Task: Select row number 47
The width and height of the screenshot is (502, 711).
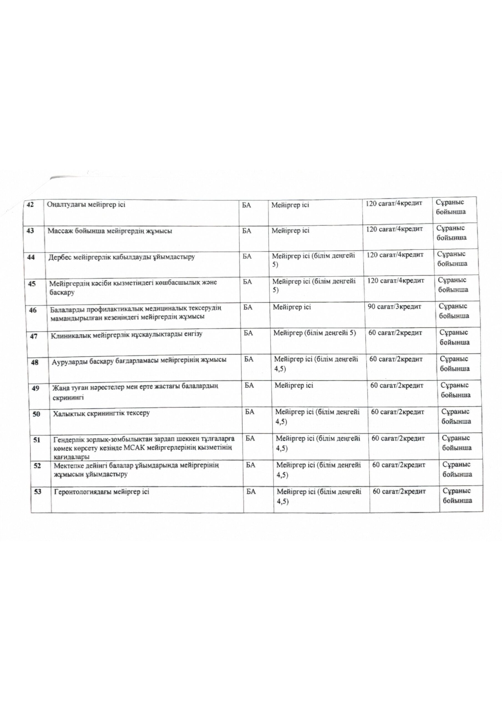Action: point(34,336)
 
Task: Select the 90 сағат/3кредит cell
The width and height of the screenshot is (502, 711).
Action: point(394,307)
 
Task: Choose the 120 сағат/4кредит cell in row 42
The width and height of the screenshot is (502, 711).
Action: point(394,204)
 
